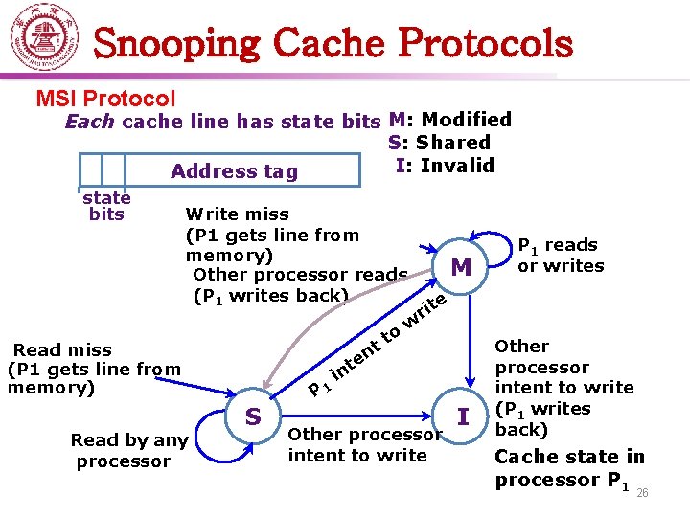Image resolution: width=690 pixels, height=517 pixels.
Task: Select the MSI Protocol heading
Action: [x=105, y=99]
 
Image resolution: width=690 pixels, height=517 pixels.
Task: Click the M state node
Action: [x=461, y=267]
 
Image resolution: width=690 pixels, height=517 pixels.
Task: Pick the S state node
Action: [x=253, y=416]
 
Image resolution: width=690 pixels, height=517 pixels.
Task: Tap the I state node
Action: [x=464, y=416]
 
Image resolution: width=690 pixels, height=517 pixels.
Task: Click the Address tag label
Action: [x=234, y=171]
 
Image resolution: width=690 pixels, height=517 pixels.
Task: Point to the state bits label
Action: [x=106, y=206]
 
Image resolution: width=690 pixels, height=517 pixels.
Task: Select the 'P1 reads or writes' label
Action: [x=561, y=256]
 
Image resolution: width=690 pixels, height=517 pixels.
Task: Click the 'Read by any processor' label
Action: [x=128, y=451]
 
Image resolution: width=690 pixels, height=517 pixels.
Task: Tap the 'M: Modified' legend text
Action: [x=450, y=120]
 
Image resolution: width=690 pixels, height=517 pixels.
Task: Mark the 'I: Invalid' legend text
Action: [x=445, y=165]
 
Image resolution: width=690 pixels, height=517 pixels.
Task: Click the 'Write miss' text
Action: [x=237, y=214]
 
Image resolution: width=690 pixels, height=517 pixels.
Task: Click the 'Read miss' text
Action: [x=62, y=350]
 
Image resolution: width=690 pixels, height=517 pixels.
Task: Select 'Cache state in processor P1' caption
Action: [x=568, y=468]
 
